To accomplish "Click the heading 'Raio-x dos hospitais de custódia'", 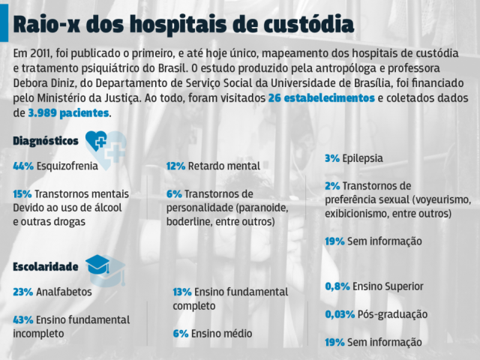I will pos(183,24).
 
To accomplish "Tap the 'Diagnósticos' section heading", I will pos(46,140).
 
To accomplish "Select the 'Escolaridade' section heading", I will pos(46,266).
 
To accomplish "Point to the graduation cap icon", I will pos(98,264).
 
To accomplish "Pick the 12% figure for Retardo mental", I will pos(175,166).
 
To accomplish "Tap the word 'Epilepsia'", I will pos(362,158).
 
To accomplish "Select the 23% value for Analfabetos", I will pos(22,292).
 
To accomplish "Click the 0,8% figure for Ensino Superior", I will pos(337,286).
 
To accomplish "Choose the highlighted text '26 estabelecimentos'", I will pos(321,98).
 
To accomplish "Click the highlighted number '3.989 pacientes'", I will pos(69,113).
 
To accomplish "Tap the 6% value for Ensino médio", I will pos(180,333).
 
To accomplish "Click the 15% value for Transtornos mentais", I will pos(22,193).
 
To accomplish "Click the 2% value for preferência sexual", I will pos(332,185).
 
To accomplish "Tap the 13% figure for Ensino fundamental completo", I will pos(181,292).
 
